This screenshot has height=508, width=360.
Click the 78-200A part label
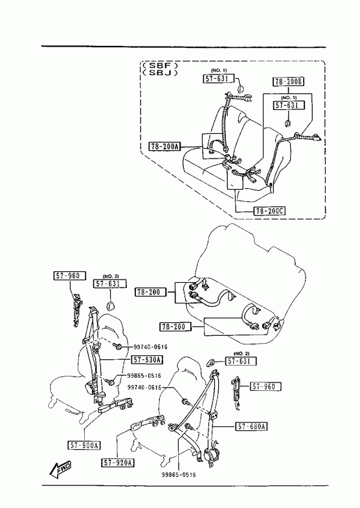(164, 147)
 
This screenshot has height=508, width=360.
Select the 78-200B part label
(288, 82)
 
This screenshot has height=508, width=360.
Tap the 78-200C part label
(269, 211)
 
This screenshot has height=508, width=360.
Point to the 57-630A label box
(148, 360)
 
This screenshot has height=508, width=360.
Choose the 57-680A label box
(251, 426)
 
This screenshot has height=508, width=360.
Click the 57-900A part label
(84, 445)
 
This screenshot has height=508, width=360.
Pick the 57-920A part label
(118, 463)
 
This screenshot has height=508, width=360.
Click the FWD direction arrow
(61, 469)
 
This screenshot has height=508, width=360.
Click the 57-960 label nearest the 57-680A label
(265, 386)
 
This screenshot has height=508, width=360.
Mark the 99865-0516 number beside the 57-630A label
(144, 376)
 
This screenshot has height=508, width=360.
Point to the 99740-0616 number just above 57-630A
(150, 347)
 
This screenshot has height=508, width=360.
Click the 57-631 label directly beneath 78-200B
(289, 105)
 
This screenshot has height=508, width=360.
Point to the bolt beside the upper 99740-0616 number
(118, 347)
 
